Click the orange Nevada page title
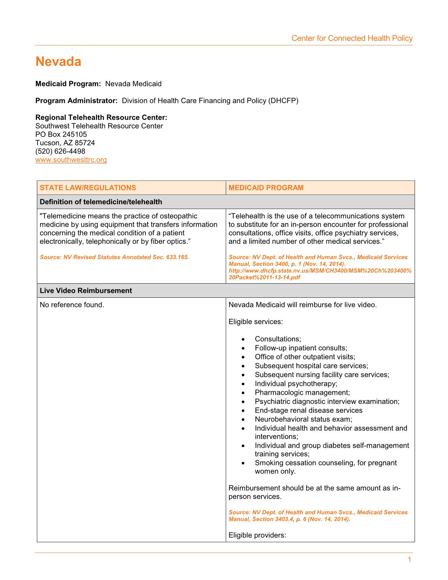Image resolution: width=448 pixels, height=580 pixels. (x=58, y=62)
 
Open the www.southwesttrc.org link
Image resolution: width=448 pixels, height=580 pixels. (x=71, y=160)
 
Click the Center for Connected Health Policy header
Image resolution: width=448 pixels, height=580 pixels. (x=352, y=38)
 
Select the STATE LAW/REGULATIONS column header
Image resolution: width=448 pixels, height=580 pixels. (x=88, y=188)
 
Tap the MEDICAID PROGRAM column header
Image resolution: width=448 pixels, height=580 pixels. (x=266, y=188)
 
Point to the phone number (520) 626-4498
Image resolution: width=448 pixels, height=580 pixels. (x=60, y=152)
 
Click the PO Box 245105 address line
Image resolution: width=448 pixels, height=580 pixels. (x=61, y=135)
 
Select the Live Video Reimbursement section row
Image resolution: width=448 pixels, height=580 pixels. (x=86, y=291)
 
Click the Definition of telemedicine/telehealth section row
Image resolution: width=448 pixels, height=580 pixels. (x=101, y=202)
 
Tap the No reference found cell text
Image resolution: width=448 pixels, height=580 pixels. (x=72, y=305)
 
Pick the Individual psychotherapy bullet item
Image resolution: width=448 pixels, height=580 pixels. (x=296, y=384)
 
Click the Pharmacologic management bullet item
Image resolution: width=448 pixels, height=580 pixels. (x=302, y=393)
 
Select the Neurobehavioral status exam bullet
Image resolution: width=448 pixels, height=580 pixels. (x=303, y=419)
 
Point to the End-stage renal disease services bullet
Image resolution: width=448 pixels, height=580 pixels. (x=309, y=411)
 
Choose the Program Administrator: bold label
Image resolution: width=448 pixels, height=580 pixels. (x=76, y=101)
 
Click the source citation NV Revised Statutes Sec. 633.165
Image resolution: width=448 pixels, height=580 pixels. (x=114, y=257)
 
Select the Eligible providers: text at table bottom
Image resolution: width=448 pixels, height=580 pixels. (x=257, y=535)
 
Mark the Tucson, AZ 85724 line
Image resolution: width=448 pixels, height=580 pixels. (x=65, y=143)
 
